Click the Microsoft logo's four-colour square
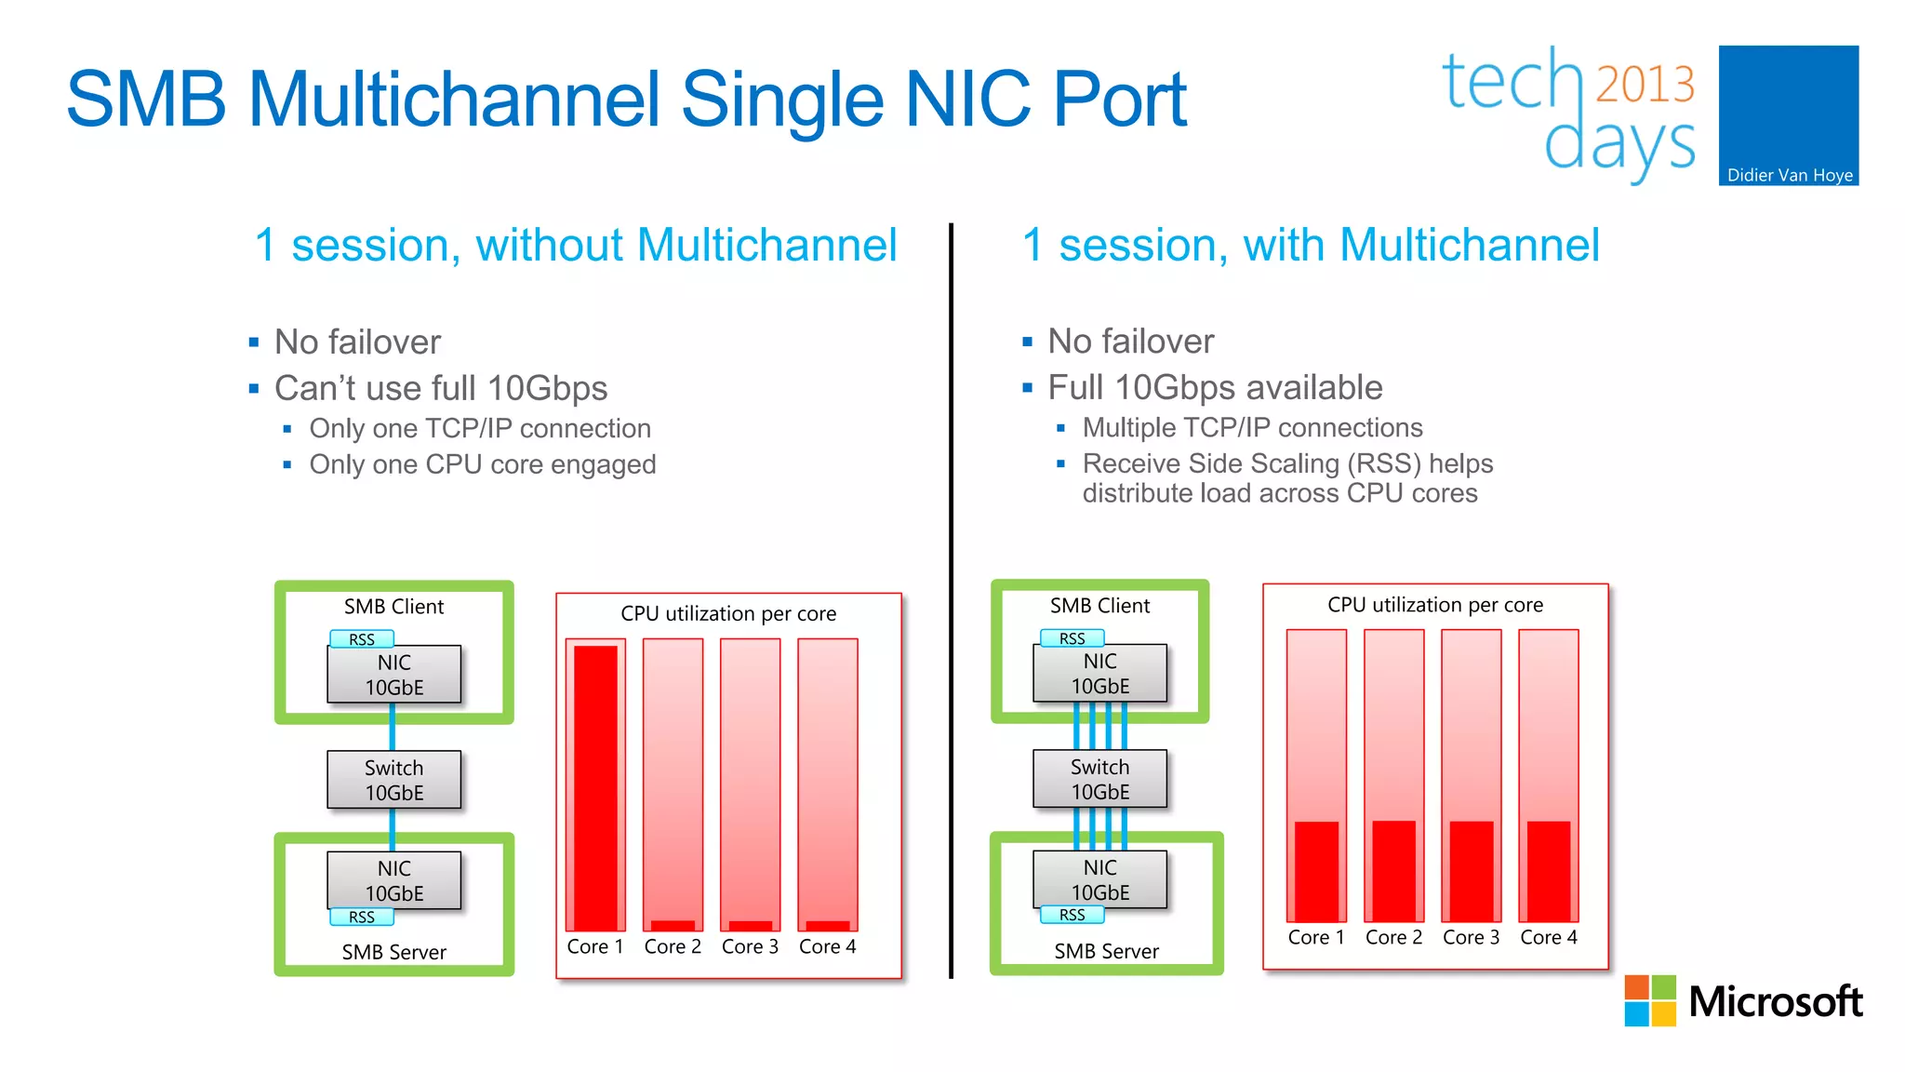click(x=1649, y=1000)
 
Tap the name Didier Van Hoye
click(x=1789, y=175)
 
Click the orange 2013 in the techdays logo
click(x=1645, y=85)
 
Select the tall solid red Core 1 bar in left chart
click(x=595, y=786)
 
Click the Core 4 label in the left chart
click(x=827, y=946)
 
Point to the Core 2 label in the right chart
click(x=1392, y=937)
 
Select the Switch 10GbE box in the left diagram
click(x=393, y=780)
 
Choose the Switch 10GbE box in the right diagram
click(x=1099, y=779)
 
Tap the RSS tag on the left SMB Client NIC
click(x=362, y=639)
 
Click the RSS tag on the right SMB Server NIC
click(x=1072, y=915)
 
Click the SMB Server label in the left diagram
click(x=393, y=952)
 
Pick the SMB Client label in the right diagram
click(x=1099, y=606)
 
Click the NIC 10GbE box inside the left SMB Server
click(x=393, y=879)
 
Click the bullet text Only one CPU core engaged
click(x=482, y=464)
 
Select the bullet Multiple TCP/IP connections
click(x=1252, y=427)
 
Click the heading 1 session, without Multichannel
click(x=575, y=246)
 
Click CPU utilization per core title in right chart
click(x=1434, y=605)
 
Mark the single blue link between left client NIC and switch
click(x=393, y=728)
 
